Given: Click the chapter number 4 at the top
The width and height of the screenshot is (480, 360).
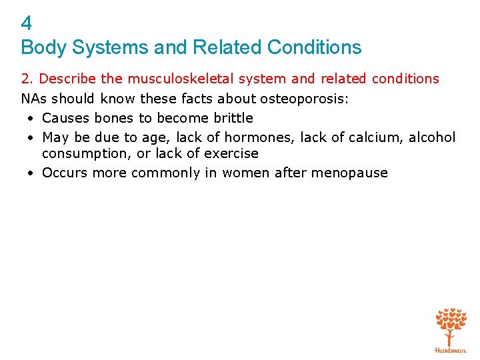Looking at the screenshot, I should pyautogui.click(x=27, y=24).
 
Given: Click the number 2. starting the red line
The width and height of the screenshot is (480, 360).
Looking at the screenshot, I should pyautogui.click(x=27, y=79).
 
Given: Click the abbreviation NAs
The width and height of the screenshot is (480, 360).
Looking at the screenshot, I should pyautogui.click(x=34, y=99).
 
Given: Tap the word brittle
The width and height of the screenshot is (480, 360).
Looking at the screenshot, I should pyautogui.click(x=231, y=118).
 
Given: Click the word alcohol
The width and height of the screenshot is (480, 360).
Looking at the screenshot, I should pyautogui.click(x=432, y=137).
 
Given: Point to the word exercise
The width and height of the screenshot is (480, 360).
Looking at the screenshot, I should pyautogui.click(x=231, y=153).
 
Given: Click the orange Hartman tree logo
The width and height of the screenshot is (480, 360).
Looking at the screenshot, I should pyautogui.click(x=450, y=329).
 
